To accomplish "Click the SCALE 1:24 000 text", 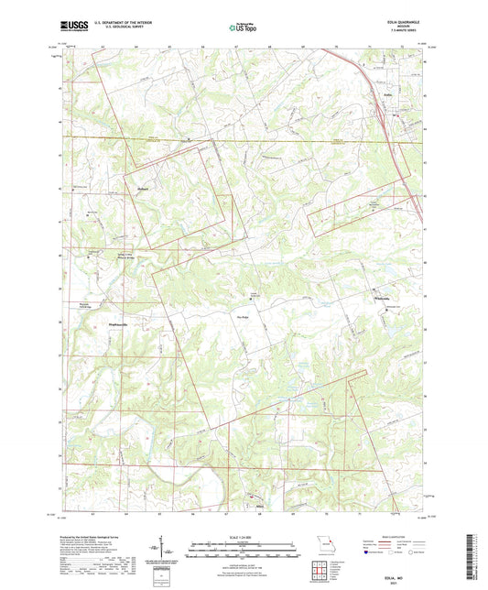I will click(x=244, y=537).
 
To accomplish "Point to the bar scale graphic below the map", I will click(x=244, y=550).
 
